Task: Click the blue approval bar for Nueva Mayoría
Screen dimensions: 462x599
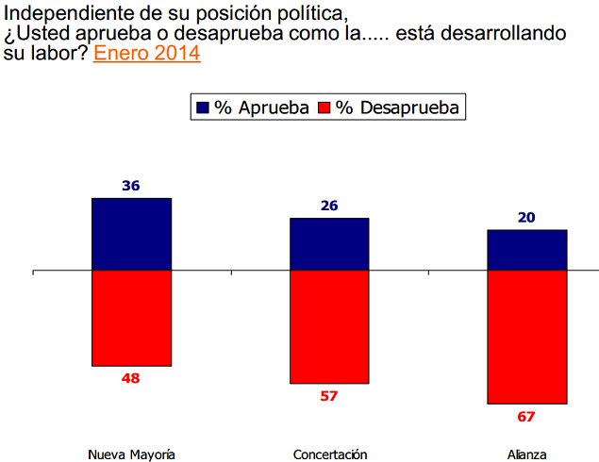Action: coord(131,234)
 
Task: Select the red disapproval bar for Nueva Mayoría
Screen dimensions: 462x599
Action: coord(131,318)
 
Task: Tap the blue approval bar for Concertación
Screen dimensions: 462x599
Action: coord(329,244)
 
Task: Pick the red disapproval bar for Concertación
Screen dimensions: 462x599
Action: coord(329,327)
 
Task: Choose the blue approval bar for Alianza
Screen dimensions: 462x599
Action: coord(526,250)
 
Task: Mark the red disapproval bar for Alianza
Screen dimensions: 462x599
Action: coord(526,337)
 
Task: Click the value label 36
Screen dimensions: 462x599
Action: coord(131,186)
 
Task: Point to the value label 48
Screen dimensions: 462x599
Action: coord(131,378)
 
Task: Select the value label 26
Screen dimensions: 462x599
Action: coord(329,206)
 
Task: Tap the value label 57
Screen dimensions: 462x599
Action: coord(329,396)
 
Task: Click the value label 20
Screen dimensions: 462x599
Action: coord(526,218)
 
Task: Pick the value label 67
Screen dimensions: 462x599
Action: coord(526,416)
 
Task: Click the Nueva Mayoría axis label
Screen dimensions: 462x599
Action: coord(131,454)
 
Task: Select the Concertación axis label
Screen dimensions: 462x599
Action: coord(329,454)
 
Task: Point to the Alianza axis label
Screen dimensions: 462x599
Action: coord(526,454)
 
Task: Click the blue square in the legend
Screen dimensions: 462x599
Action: coord(203,107)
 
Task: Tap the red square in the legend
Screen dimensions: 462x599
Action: coord(325,107)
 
